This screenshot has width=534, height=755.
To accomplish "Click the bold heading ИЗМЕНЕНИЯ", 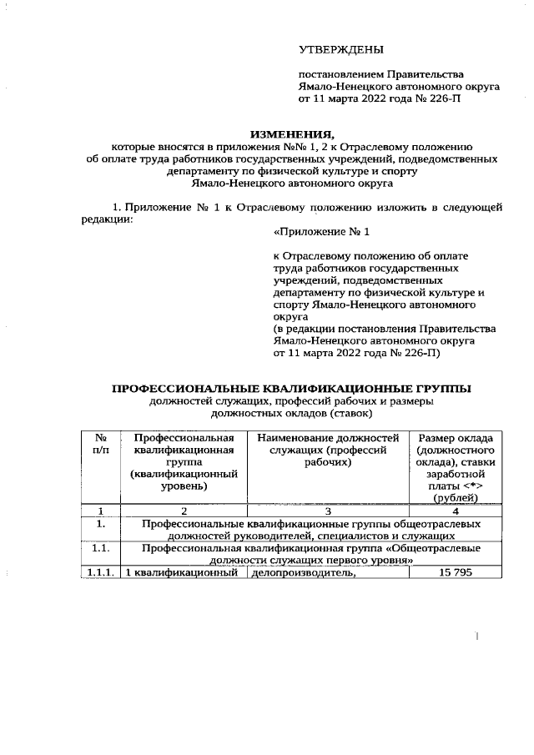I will [291, 133].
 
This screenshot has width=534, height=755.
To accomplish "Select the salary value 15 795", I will [456, 572].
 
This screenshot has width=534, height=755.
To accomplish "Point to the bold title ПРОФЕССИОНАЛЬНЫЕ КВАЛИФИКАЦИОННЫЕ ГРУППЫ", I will [291, 389].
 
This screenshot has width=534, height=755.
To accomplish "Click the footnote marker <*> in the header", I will [470, 486].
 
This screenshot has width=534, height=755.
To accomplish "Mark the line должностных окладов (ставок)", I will [291, 413].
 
